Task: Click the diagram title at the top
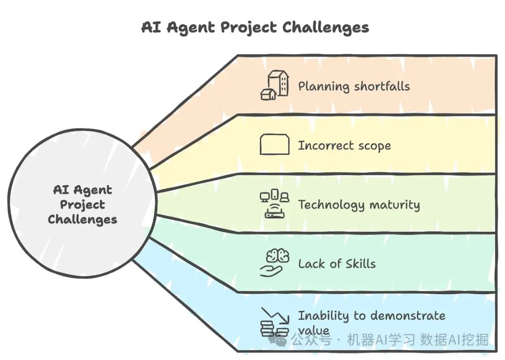click(255, 27)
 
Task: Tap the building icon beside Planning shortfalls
click(274, 86)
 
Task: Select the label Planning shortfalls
click(354, 86)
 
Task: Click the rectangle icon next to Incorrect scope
click(274, 144)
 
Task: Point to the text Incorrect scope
click(345, 145)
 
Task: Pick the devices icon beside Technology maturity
click(274, 204)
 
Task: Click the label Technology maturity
click(359, 205)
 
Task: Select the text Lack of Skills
click(337, 264)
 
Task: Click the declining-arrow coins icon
click(274, 322)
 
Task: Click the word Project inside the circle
click(83, 205)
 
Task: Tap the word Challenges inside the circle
click(83, 219)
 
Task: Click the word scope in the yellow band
click(372, 146)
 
